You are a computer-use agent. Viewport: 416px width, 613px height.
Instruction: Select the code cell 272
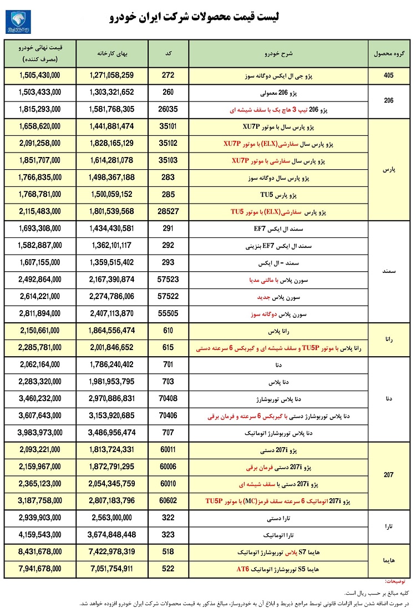click(x=169, y=75)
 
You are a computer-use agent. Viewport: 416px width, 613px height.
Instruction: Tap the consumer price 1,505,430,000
click(x=39, y=75)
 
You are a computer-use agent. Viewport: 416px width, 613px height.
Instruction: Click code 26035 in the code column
click(x=169, y=110)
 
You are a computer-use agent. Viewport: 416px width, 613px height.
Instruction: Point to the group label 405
click(x=388, y=75)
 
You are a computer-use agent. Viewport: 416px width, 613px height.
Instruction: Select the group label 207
click(x=388, y=475)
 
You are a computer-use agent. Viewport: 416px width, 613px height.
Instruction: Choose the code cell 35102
click(x=169, y=144)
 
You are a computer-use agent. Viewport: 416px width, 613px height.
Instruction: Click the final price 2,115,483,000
click(x=39, y=211)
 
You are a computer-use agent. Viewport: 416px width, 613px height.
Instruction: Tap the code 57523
click(x=169, y=280)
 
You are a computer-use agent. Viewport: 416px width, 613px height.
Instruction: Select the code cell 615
click(x=169, y=348)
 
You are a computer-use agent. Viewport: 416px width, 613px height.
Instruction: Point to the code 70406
click(x=169, y=415)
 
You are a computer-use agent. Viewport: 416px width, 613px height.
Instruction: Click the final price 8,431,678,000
click(x=39, y=551)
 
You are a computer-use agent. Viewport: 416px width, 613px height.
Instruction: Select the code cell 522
click(x=169, y=569)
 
